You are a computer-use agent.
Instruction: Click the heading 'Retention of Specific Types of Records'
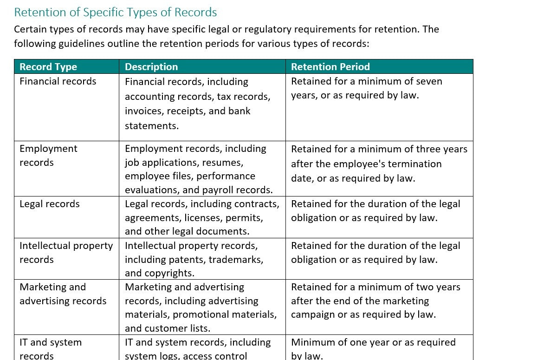[x=115, y=12]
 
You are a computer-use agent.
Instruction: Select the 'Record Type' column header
[x=48, y=67]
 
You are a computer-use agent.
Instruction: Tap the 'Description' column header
[x=151, y=67]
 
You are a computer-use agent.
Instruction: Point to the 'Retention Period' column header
[x=330, y=67]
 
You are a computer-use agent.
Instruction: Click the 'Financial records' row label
[x=58, y=81]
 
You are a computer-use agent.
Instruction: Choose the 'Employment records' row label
[x=48, y=155]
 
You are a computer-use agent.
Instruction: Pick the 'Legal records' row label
[x=50, y=204]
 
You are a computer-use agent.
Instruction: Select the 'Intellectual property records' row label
[x=66, y=252]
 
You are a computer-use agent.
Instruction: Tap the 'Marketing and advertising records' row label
[x=63, y=294]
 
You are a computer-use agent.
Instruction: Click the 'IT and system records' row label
[x=51, y=348]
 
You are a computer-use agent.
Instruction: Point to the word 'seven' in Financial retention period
[x=429, y=81]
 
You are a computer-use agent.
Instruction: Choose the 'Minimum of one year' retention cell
[x=373, y=349]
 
